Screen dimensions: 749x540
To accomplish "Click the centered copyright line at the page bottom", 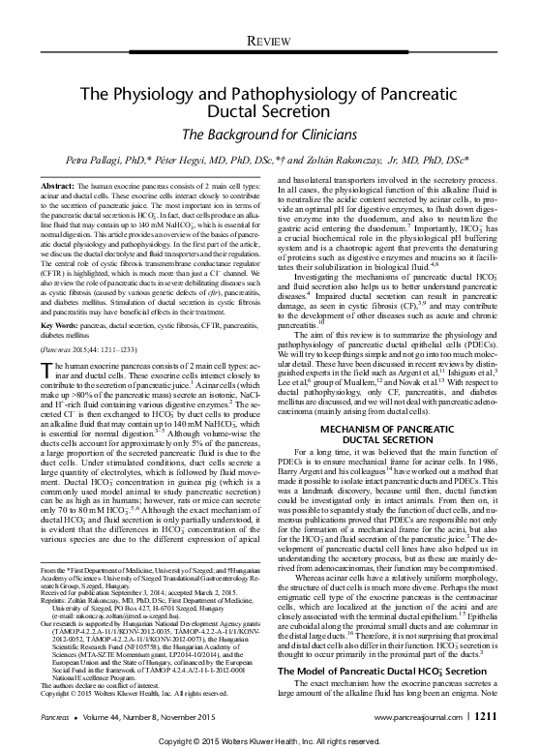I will tap(269, 736).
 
